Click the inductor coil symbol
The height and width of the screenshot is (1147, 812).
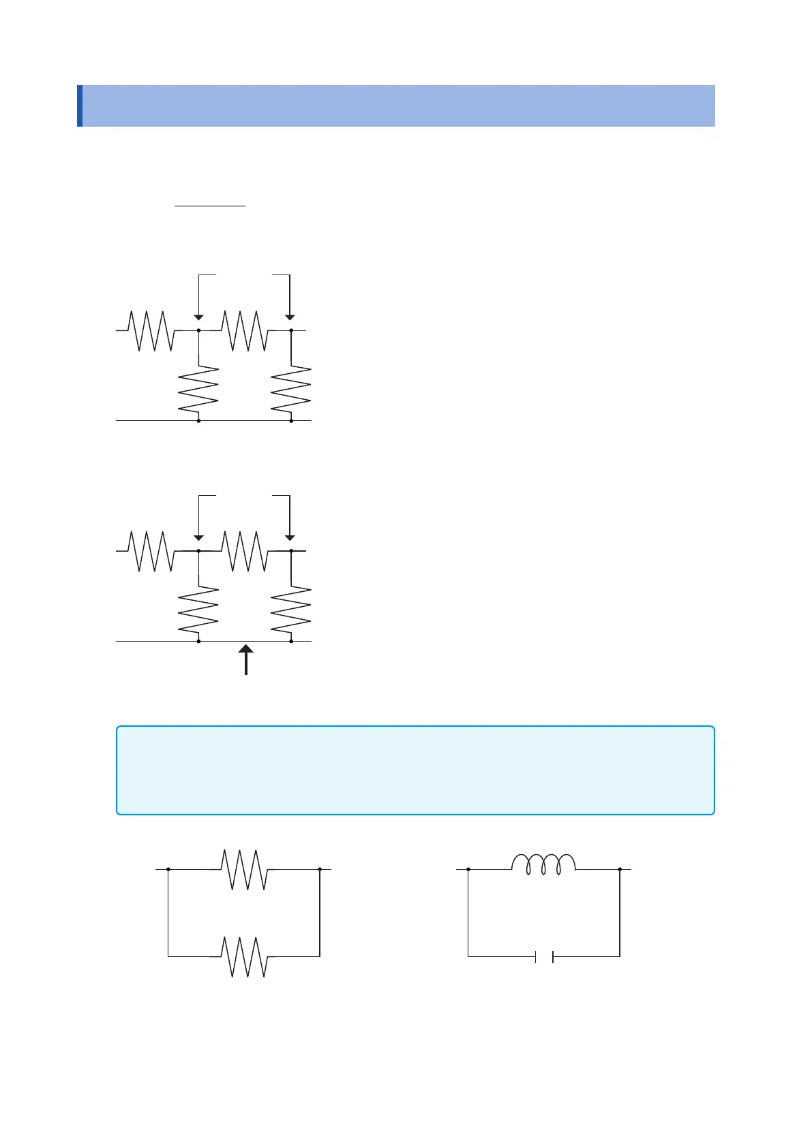tap(543, 864)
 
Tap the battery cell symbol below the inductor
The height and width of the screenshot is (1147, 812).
tap(543, 957)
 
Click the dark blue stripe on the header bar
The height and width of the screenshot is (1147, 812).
tap(80, 106)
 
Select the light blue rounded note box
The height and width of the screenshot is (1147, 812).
tap(415, 770)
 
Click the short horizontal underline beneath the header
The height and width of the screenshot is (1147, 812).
tap(210, 204)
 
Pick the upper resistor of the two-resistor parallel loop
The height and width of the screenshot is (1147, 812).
tap(243, 869)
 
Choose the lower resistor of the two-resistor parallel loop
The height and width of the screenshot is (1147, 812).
tap(243, 957)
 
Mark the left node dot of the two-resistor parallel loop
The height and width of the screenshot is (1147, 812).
tap(168, 869)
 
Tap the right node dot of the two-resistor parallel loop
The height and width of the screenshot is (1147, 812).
tap(320, 869)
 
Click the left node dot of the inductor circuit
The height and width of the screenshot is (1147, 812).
tap(468, 869)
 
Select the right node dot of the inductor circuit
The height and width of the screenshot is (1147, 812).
tap(620, 869)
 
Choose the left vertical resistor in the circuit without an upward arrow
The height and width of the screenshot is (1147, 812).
tap(198, 390)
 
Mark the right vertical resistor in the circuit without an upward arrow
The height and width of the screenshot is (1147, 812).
tap(291, 390)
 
